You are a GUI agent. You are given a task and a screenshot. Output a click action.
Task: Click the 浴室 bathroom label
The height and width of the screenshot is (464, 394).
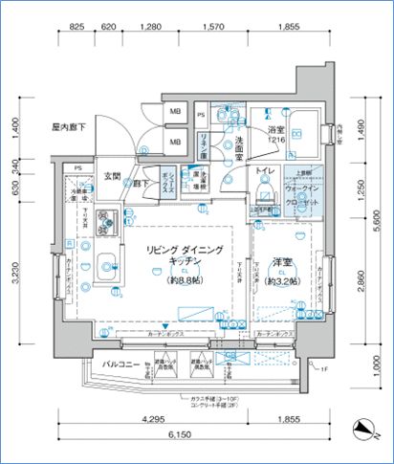(277, 130)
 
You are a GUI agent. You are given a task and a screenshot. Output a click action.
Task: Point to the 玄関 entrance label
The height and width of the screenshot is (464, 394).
(111, 176)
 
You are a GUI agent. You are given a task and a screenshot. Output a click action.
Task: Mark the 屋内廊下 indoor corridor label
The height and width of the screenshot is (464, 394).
(70, 126)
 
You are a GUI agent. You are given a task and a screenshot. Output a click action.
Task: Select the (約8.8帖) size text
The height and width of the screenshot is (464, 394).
(185, 282)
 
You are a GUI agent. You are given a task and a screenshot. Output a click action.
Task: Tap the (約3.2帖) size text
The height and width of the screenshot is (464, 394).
(284, 282)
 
